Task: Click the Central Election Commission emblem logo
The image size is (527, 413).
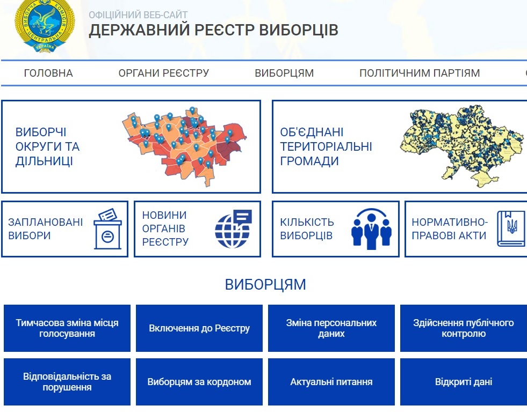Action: [45, 26]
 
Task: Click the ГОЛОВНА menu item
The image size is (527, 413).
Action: [48, 73]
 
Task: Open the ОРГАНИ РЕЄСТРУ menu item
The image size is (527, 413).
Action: [164, 73]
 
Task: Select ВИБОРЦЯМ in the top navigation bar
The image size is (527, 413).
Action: [284, 73]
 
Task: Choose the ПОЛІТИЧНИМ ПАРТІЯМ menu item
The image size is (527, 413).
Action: [420, 73]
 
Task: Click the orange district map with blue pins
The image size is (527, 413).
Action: [184, 146]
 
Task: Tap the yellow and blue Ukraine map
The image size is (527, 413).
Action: [461, 146]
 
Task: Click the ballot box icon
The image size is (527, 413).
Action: [107, 229]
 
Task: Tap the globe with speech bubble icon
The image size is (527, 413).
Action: [233, 229]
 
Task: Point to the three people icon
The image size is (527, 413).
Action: [371, 229]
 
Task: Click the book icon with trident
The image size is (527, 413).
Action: [511, 229]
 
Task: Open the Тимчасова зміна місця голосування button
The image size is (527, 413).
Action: [67, 328]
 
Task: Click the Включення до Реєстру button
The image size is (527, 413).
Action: [199, 328]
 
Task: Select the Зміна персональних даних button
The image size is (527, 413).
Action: [331, 328]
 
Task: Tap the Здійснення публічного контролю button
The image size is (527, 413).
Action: [464, 328]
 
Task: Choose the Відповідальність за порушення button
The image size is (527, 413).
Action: [67, 382]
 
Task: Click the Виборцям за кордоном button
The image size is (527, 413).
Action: [199, 382]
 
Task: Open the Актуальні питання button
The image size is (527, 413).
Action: [331, 382]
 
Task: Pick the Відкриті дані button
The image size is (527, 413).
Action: [464, 382]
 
